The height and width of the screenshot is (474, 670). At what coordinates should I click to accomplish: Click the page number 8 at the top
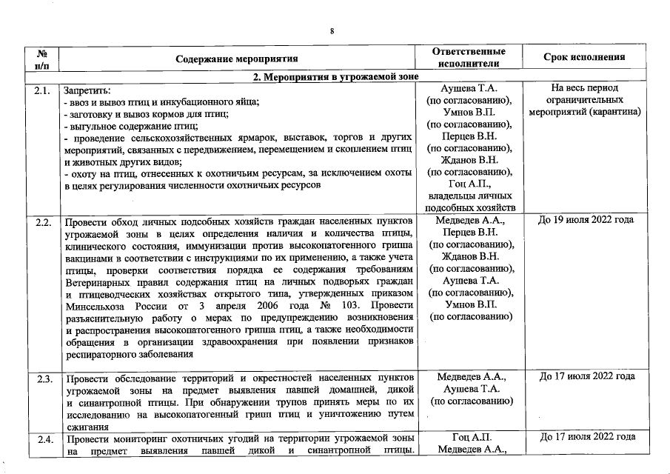click(332, 30)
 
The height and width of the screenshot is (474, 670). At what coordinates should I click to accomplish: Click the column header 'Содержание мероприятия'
click(237, 59)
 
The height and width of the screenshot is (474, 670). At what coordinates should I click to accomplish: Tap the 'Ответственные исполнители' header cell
click(469, 58)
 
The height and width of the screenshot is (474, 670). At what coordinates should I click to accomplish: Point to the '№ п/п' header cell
click(42, 59)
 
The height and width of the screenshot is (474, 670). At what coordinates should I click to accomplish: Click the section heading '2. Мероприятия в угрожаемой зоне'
click(335, 76)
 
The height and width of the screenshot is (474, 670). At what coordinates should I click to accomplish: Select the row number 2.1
click(42, 90)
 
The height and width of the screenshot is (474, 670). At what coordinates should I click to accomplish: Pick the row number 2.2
click(42, 221)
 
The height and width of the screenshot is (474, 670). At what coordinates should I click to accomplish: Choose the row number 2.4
click(42, 438)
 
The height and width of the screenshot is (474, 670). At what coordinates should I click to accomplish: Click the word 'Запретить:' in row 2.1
click(87, 90)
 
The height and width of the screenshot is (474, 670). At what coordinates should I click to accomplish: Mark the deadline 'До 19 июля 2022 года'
click(586, 220)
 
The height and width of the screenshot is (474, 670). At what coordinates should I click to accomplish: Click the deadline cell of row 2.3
click(586, 377)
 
